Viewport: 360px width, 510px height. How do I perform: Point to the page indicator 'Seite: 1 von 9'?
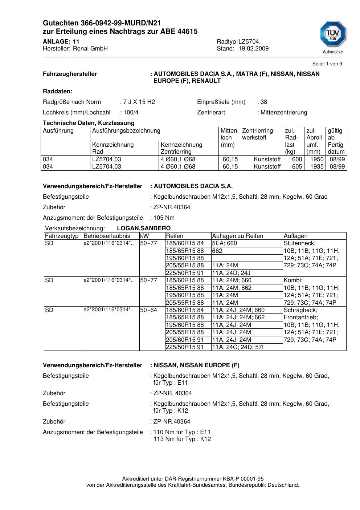[x=327, y=64]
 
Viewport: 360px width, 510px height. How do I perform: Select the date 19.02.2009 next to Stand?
[x=253, y=49]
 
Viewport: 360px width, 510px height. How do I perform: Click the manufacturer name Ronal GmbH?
[x=90, y=49]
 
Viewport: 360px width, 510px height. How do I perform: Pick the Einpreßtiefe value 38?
[x=264, y=102]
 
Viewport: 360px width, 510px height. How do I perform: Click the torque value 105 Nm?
[x=164, y=218]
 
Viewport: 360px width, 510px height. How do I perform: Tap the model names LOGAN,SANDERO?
[x=144, y=228]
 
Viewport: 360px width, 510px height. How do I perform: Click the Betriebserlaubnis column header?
[x=107, y=236]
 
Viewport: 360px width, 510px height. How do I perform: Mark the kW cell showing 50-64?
[x=148, y=310]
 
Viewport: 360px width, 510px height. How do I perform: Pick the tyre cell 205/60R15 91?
[x=185, y=340]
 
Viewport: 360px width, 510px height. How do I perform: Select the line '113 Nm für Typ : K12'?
[x=182, y=439]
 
